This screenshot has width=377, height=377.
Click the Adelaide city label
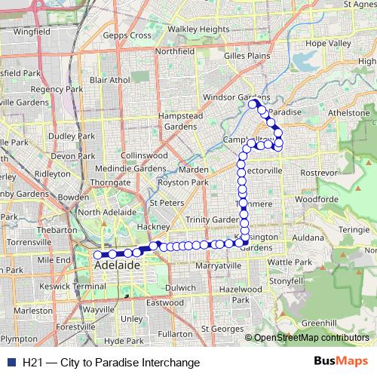tap(118, 266)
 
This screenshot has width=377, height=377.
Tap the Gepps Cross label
tap(127, 35)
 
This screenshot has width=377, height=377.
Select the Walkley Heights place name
tap(198, 29)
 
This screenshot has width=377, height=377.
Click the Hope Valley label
tap(329, 44)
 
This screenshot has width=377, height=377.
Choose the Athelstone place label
tap(351, 113)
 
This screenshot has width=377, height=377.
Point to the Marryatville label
tap(218, 266)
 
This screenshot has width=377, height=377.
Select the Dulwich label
tap(180, 287)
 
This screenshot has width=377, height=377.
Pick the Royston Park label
tap(179, 182)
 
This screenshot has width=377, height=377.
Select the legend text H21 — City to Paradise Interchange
tap(111, 363)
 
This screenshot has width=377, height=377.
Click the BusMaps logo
tap(341, 362)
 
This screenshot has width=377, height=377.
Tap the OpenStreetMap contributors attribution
tap(310, 339)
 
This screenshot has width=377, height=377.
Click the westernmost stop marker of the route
tap(97, 255)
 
